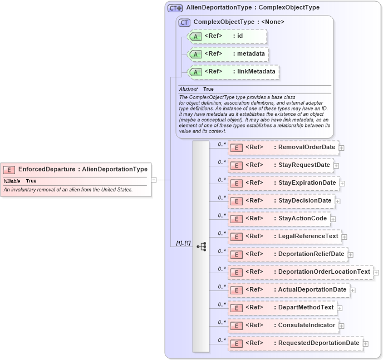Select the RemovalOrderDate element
pos(283,147)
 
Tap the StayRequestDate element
pos(281,165)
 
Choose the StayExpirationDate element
pos(283,183)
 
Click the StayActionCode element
pos(279,219)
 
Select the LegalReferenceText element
pos(284,236)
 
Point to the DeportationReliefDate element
pos(288,254)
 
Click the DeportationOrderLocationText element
pos(301,272)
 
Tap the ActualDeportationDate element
pos(289,290)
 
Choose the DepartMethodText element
pos(282,308)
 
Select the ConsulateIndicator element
pos(283,326)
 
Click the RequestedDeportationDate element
pos(296,343)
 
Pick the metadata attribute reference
pos(228,54)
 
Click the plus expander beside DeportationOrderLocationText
pos(377,273)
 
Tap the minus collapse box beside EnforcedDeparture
pos(154,180)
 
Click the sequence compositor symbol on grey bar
pos(201,246)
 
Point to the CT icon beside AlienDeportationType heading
pos(175,8)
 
